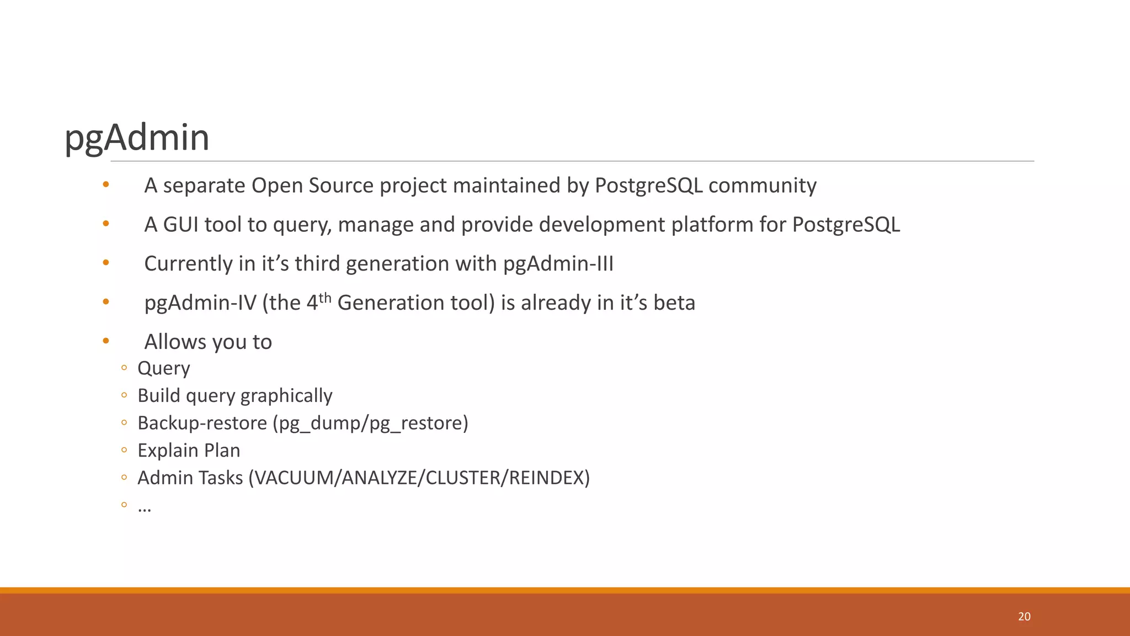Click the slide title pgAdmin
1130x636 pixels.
click(x=137, y=137)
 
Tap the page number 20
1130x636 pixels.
click(x=1024, y=617)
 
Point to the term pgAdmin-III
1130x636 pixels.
click(x=558, y=264)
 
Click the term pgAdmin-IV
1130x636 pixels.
click(x=200, y=303)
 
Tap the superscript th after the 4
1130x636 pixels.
click(x=325, y=298)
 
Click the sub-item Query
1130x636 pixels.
click(x=163, y=368)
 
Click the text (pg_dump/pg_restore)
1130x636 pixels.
click(x=370, y=423)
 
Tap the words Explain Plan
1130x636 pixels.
click(x=189, y=451)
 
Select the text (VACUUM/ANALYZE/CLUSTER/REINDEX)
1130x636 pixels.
click(x=419, y=478)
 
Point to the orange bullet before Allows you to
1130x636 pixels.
click(x=106, y=341)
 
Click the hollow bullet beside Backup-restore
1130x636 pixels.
click(x=124, y=423)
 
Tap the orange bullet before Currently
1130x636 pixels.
click(x=106, y=263)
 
